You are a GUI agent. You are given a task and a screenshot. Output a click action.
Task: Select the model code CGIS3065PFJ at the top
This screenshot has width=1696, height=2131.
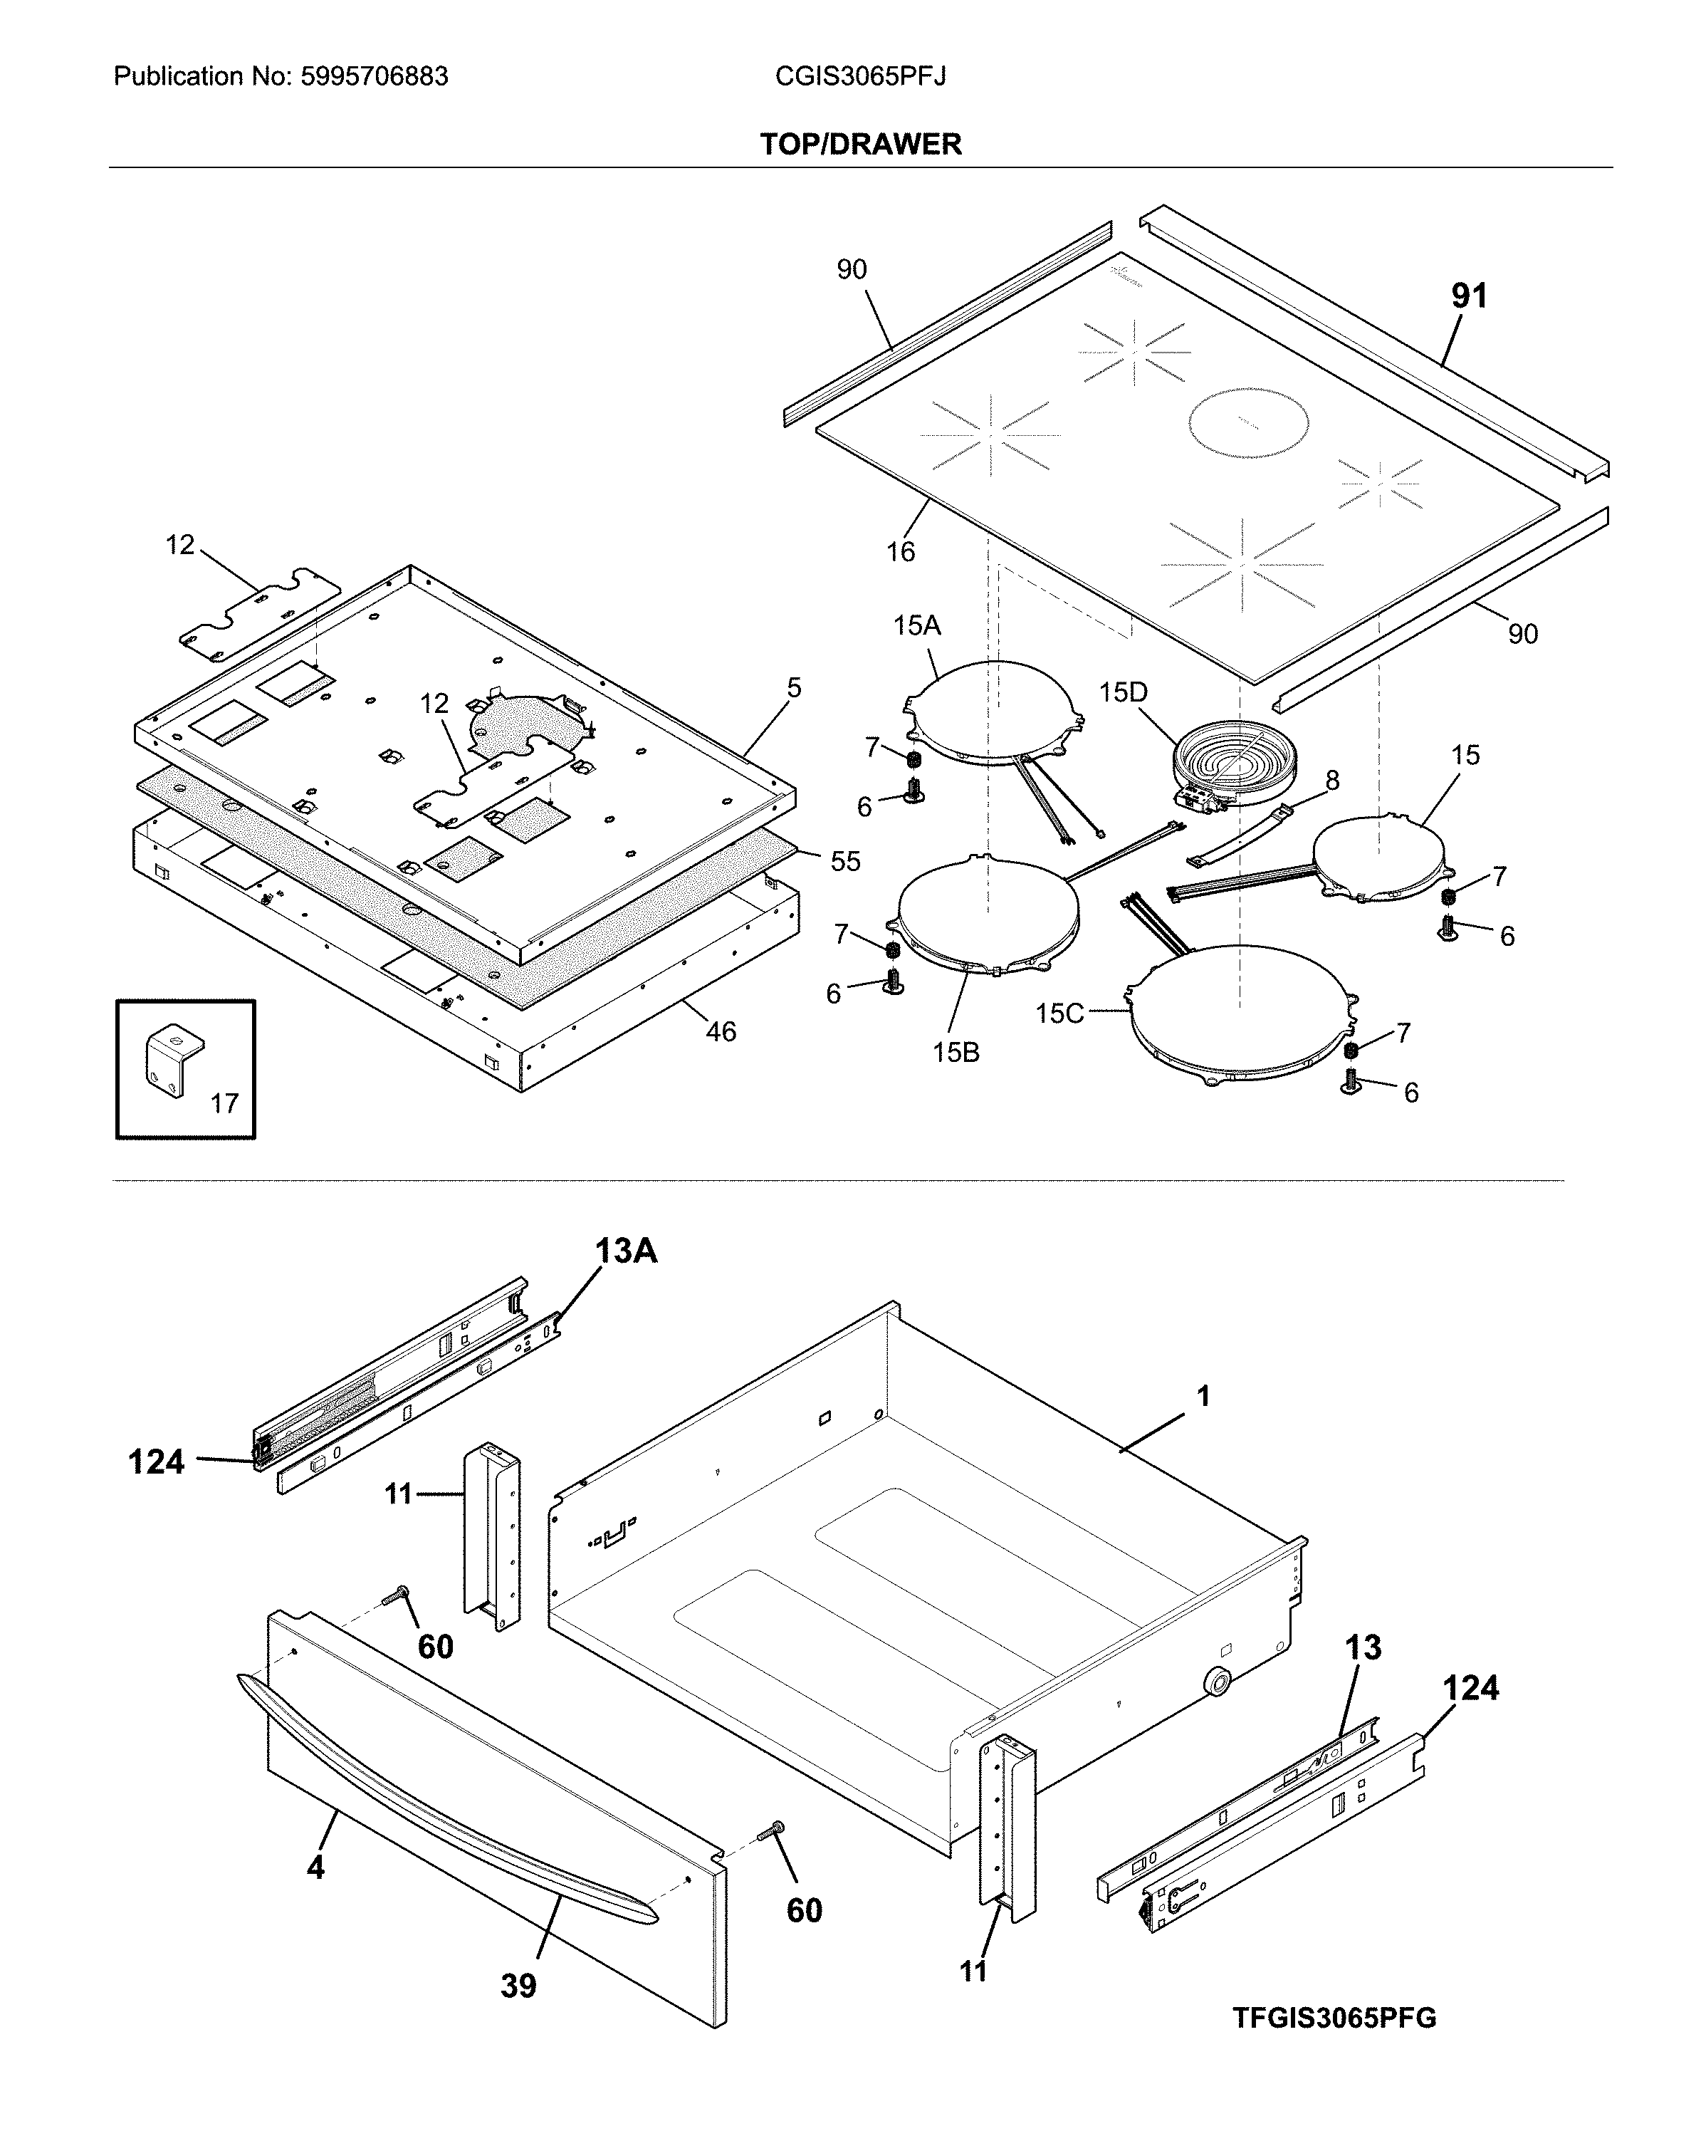[860, 76]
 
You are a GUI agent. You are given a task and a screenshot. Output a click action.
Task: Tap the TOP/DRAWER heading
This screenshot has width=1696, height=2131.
[860, 145]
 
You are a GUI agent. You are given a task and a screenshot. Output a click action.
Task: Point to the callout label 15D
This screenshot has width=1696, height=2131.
[1123, 693]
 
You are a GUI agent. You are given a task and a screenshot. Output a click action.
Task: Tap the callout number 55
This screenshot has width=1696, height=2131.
[845, 861]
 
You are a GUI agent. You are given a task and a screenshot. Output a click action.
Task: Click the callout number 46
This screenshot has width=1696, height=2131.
[721, 1032]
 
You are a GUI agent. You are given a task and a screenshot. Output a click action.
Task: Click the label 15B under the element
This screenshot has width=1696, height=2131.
[956, 1053]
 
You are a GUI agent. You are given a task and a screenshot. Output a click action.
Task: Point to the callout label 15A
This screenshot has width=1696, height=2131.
[916, 625]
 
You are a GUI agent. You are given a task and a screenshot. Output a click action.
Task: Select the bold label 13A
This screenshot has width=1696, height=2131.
[626, 1251]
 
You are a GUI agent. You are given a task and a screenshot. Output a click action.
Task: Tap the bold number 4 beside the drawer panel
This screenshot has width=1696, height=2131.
[315, 1867]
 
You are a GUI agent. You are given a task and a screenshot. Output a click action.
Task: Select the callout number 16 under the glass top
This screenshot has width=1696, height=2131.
[899, 551]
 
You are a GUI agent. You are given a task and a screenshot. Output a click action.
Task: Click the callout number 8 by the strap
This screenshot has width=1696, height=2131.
[1331, 781]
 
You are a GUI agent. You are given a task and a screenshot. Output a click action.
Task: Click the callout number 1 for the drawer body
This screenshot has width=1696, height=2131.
[1203, 1397]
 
